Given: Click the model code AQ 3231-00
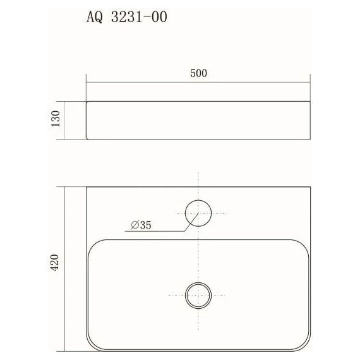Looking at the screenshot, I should tap(126, 18).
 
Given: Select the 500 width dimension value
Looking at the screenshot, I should tap(198, 73).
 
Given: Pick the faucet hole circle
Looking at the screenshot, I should tap(198, 213).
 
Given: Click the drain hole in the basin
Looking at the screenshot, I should tap(198, 294).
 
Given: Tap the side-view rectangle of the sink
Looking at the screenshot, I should tap(198, 119).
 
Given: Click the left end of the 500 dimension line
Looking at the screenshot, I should tap(87, 81).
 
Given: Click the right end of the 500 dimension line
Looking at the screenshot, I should tap(310, 81).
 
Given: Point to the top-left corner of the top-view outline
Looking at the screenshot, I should tap(87, 187).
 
